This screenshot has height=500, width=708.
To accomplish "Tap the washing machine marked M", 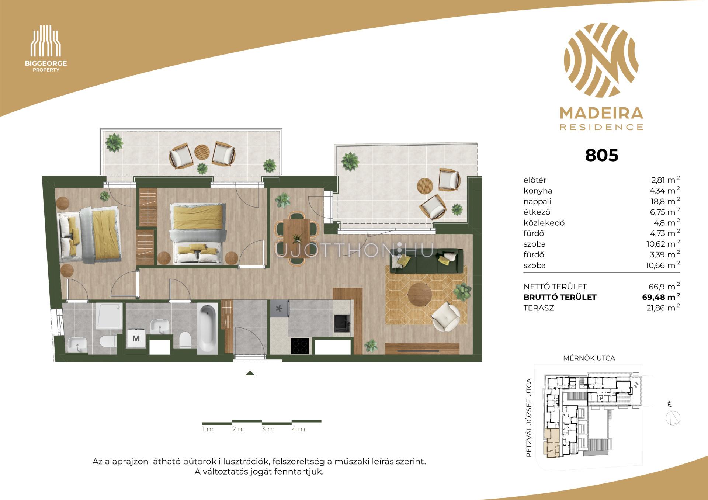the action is tap(136, 338).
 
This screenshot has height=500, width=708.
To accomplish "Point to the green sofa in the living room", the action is tap(426, 261).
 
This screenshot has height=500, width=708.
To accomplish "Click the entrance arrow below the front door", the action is tap(250, 373).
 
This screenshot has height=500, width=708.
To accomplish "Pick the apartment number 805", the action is tap(601, 155).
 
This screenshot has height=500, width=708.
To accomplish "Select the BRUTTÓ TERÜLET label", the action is tap(560, 297).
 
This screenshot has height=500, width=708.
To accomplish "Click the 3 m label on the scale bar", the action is tap(268, 429).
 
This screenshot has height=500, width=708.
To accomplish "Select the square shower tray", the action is tap(108, 316).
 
